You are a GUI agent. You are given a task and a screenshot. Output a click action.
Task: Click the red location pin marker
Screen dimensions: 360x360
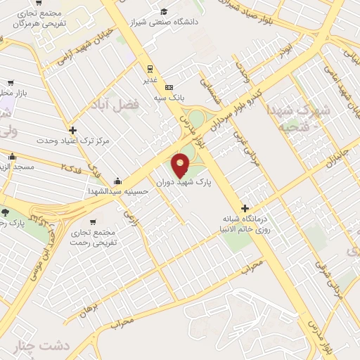(181, 164)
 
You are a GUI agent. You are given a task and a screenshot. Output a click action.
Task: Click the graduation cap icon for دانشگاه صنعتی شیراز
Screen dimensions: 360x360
(164, 11)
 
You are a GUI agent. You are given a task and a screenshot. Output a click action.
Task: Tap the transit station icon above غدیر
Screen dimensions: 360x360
(149, 69)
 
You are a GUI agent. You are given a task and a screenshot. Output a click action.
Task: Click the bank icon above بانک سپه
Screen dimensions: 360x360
(168, 87)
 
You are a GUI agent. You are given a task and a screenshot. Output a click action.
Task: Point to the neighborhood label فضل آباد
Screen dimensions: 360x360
(115, 104)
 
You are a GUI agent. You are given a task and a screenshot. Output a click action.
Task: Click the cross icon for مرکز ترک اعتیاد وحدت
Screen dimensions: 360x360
(72, 130)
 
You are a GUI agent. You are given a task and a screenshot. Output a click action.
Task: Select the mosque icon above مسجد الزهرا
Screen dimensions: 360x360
(11, 156)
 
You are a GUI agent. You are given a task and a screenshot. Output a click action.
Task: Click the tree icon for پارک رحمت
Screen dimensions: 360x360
(6, 213)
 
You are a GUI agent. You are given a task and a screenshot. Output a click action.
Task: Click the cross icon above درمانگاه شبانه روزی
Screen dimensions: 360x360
(245, 208)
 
